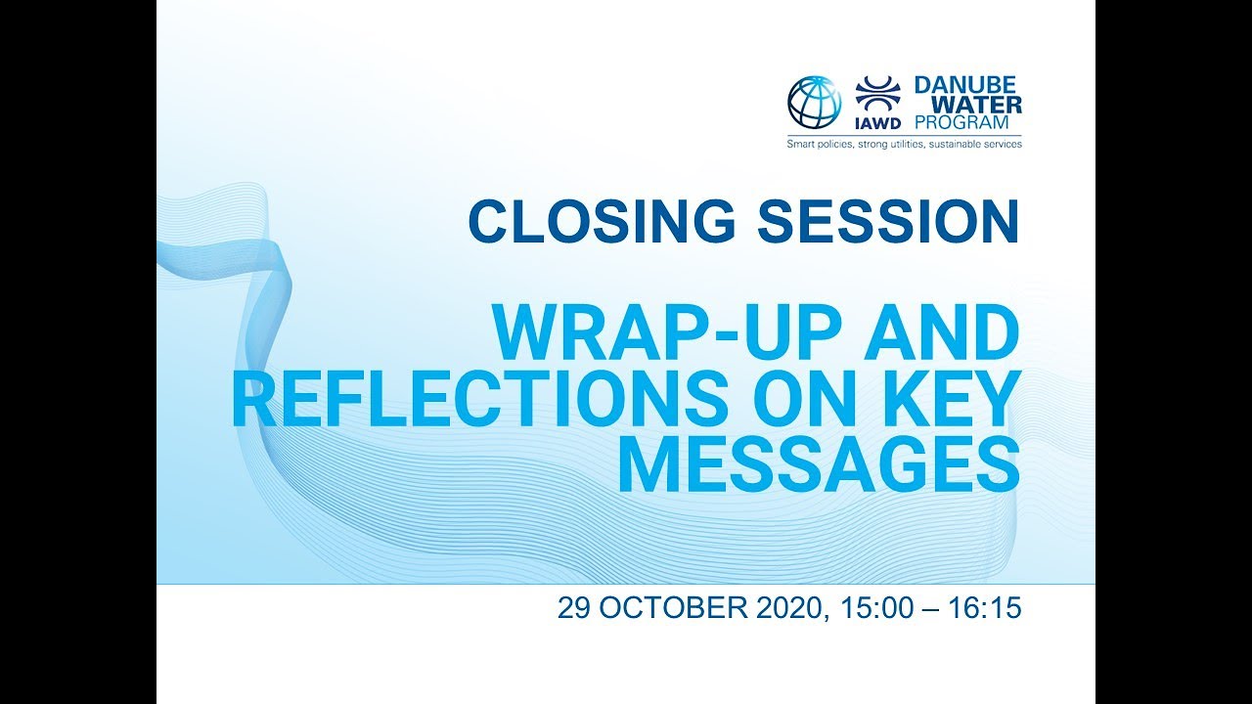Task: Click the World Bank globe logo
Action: (x=814, y=103)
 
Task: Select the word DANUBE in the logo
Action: (x=966, y=86)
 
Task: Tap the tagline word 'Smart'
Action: (x=803, y=145)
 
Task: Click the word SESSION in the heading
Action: (x=885, y=221)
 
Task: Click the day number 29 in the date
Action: (x=574, y=608)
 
